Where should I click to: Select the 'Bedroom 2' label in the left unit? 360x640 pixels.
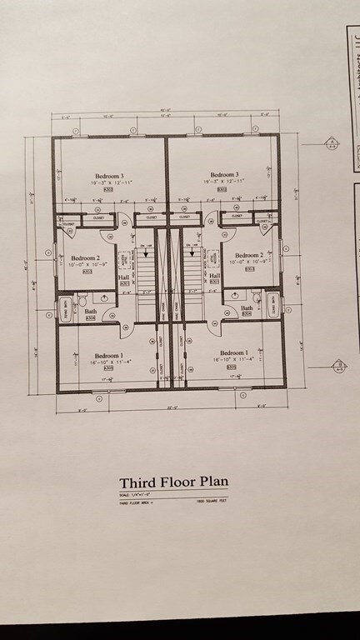click(x=85, y=259)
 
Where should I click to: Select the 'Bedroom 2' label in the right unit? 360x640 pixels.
click(x=249, y=255)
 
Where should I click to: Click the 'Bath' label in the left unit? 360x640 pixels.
click(x=90, y=312)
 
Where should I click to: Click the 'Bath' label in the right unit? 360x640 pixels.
click(x=247, y=307)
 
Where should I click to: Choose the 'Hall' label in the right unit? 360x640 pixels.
click(x=214, y=276)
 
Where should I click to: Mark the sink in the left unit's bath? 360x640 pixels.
click(x=102, y=297)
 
